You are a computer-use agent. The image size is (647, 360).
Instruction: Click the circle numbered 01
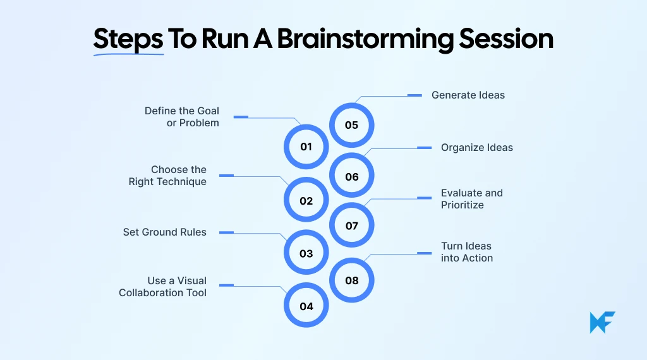pyautogui.click(x=306, y=147)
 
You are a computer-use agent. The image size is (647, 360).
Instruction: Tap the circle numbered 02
pyautogui.click(x=306, y=201)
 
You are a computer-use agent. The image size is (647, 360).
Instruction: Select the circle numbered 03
pyautogui.click(x=306, y=253)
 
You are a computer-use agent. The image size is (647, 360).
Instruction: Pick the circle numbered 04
pyautogui.click(x=306, y=306)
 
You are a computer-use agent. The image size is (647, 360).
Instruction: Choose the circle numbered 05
pyautogui.click(x=352, y=124)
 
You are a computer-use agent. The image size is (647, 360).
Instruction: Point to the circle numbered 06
pyautogui.click(x=352, y=176)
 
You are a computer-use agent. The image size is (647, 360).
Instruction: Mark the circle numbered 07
pyautogui.click(x=352, y=225)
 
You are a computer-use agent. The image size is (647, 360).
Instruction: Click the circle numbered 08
pyautogui.click(x=352, y=280)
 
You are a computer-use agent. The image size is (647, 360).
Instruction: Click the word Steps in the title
pyautogui.click(x=128, y=39)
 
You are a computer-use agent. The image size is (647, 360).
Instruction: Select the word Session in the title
pyautogui.click(x=505, y=39)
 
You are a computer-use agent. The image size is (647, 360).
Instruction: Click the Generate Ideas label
pyautogui.click(x=468, y=95)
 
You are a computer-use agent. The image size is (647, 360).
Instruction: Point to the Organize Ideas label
pyautogui.click(x=477, y=147)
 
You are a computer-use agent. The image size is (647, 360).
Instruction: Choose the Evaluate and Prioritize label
pyautogui.click(x=472, y=199)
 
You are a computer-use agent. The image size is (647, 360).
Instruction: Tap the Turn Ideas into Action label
pyautogui.click(x=467, y=252)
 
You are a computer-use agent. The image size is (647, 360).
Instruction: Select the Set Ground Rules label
pyautogui.click(x=164, y=232)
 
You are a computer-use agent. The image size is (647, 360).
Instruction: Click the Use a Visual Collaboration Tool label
pyautogui.click(x=163, y=287)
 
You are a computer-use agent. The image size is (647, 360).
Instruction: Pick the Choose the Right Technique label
pyautogui.click(x=168, y=176)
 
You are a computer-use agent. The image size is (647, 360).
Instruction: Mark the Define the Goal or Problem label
pyautogui.click(x=182, y=117)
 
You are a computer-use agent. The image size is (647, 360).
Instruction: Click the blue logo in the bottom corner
pyautogui.click(x=602, y=323)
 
